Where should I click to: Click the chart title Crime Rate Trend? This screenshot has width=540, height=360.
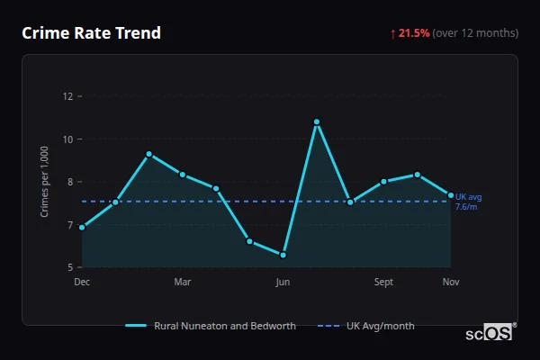pyautogui.click(x=91, y=33)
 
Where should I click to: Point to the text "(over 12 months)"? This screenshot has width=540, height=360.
pyautogui.click(x=475, y=33)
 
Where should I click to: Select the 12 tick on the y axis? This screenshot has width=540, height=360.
pyautogui.click(x=67, y=96)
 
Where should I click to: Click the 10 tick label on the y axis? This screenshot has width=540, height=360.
pyautogui.click(x=67, y=139)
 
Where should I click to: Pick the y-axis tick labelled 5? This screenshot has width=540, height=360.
pyautogui.click(x=69, y=267)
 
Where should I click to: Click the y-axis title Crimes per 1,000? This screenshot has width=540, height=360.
pyautogui.click(x=44, y=182)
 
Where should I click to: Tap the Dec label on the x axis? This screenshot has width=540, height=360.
pyautogui.click(x=82, y=283)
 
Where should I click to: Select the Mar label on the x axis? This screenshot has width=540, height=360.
pyautogui.click(x=183, y=283)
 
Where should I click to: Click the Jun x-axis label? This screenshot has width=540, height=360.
pyautogui.click(x=283, y=283)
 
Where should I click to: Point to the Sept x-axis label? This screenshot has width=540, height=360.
pyautogui.click(x=383, y=283)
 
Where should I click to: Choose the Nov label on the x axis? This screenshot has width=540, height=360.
pyautogui.click(x=451, y=283)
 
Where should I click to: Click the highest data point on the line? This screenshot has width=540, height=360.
pyautogui.click(x=317, y=121)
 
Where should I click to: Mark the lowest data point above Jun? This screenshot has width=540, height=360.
pyautogui.click(x=283, y=255)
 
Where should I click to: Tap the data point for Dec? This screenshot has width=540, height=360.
pyautogui.click(x=82, y=228)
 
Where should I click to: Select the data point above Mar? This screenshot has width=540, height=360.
pyautogui.click(x=183, y=175)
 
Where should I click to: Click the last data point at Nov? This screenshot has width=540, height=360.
pyautogui.click(x=451, y=195)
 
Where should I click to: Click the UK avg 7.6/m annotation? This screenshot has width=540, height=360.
pyautogui.click(x=469, y=202)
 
